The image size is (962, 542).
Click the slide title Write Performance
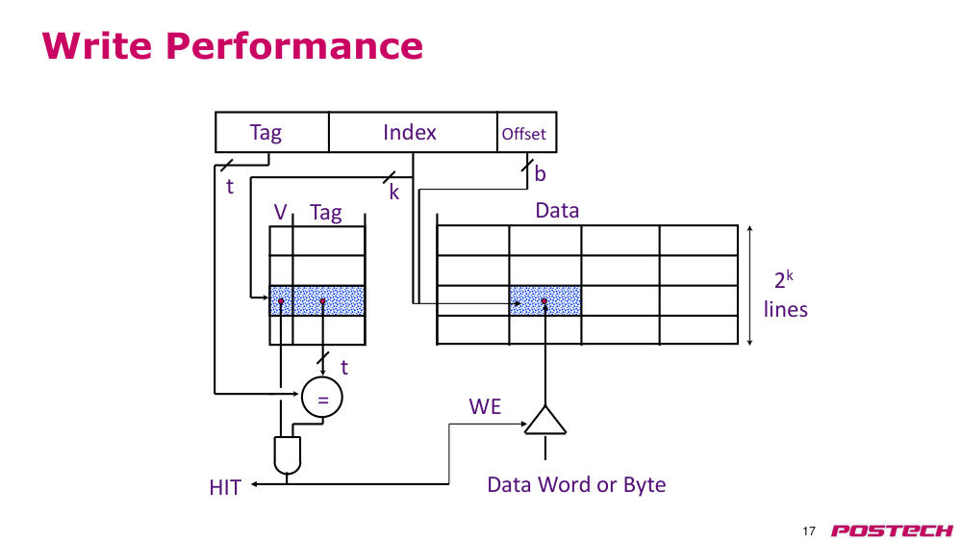233,45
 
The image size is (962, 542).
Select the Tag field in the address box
272,132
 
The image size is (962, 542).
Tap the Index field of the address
413,132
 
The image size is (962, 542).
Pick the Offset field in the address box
526,132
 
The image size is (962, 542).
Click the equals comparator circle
322,398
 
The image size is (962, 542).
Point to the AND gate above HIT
287,455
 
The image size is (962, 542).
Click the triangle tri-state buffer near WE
544,420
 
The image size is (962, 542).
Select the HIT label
225,487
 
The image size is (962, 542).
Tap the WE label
485,406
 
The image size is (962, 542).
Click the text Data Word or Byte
576,484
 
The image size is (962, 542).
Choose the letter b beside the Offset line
540,173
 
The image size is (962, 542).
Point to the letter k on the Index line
393,193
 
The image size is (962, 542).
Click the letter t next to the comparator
344,367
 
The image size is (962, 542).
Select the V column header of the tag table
280,212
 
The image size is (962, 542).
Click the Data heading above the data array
557,211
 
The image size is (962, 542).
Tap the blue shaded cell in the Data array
545,300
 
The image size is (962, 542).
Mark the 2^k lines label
785,294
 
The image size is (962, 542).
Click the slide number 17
809,531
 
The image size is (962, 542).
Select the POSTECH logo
892,530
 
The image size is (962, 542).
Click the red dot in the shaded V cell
281,301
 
